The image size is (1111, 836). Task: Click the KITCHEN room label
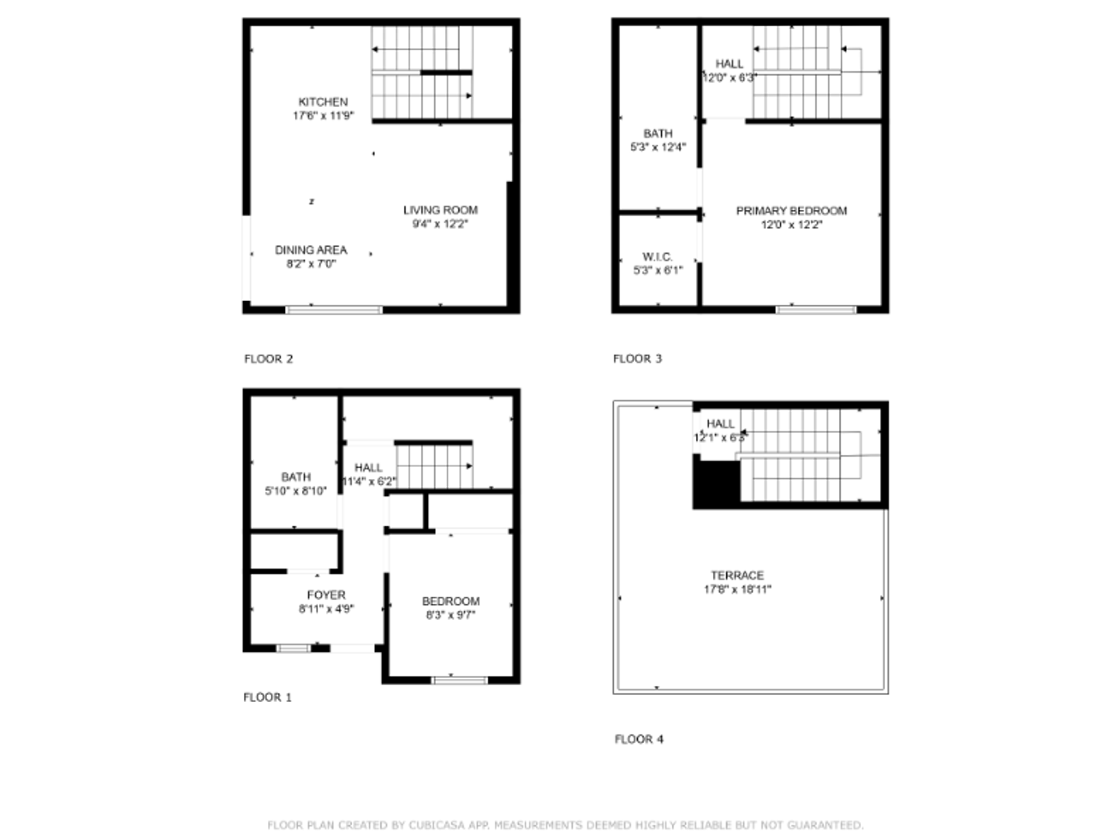[323, 101]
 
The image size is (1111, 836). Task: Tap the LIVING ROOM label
[440, 210]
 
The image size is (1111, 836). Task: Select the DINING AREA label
[310, 250]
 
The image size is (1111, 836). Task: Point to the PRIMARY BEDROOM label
[790, 211]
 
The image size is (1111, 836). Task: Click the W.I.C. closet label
[657, 257]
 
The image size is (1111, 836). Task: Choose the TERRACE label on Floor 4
[737, 575]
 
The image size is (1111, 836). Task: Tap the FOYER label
[326, 595]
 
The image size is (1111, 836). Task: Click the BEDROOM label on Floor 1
[451, 601]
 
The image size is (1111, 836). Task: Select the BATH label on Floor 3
[657, 134]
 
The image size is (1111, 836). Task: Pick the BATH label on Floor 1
[296, 478]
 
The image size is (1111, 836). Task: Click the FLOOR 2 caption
[269, 359]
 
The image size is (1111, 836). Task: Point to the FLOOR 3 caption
[637, 359]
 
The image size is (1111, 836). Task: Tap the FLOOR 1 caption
[267, 697]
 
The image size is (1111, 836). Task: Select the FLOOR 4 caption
[639, 739]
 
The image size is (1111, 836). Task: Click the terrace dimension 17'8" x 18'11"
[737, 589]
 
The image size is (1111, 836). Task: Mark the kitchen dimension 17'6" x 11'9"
[323, 116]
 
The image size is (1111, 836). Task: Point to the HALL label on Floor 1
[369, 468]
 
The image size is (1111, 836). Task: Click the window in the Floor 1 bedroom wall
[459, 680]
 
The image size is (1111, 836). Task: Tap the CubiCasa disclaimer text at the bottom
[565, 825]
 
